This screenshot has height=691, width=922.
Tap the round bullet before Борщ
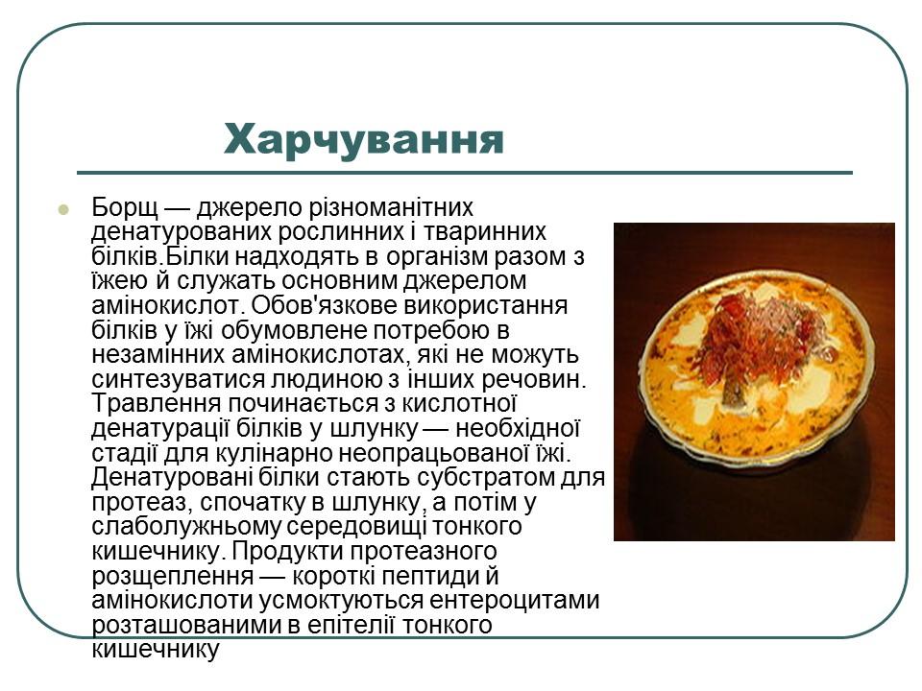pyautogui.click(x=63, y=208)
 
